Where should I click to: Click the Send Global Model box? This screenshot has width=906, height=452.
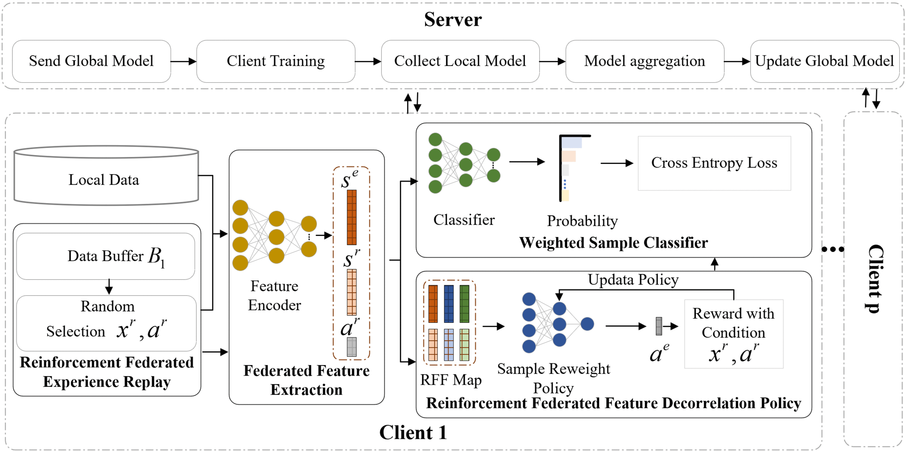click(91, 61)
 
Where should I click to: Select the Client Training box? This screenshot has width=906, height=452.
click(276, 61)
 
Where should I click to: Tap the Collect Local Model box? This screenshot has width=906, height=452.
click(460, 61)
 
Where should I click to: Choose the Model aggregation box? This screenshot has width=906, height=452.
click(645, 61)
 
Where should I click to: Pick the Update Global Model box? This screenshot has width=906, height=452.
click(825, 61)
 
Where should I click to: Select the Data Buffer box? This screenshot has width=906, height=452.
click(105, 256)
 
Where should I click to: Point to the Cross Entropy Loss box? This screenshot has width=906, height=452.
click(714, 163)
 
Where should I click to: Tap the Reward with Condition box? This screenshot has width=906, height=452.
click(734, 333)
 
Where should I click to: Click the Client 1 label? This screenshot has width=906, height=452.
click(413, 432)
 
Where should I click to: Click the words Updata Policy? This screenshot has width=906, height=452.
click(633, 280)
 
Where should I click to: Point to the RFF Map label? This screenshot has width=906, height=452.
click(451, 380)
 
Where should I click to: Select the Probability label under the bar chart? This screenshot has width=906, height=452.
click(582, 221)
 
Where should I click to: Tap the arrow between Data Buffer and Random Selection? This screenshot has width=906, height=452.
click(109, 287)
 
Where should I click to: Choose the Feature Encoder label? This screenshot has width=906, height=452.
click(274, 295)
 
